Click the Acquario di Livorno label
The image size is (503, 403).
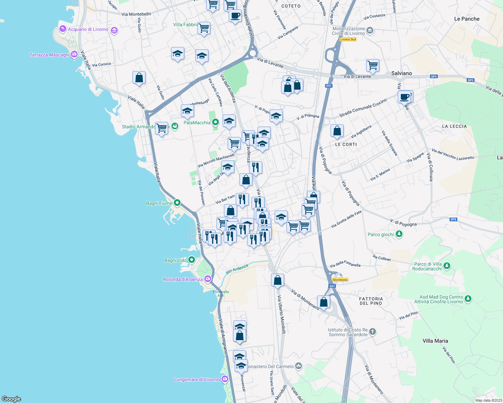[x=88, y=30]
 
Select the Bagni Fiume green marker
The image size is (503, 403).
[x=177, y=203]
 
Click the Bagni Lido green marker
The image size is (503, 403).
[x=192, y=260]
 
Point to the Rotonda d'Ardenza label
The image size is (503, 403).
[x=183, y=279]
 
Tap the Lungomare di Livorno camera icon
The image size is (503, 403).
[x=225, y=379]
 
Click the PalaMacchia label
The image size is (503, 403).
[x=197, y=123]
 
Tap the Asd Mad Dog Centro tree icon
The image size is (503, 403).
[x=468, y=298]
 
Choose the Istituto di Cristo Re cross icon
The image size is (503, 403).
[x=372, y=332]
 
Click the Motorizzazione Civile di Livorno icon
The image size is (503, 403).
[x=370, y=31]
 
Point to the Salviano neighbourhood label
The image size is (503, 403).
[x=401, y=73]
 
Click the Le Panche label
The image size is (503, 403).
[x=467, y=19]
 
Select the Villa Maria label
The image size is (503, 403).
[x=435, y=341]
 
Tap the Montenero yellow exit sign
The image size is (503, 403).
[x=340, y=280]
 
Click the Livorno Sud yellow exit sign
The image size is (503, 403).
[x=348, y=39]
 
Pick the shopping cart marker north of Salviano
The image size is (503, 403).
[x=373, y=65]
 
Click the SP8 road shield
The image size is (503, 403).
[x=453, y=219]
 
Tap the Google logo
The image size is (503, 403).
[x=11, y=399]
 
